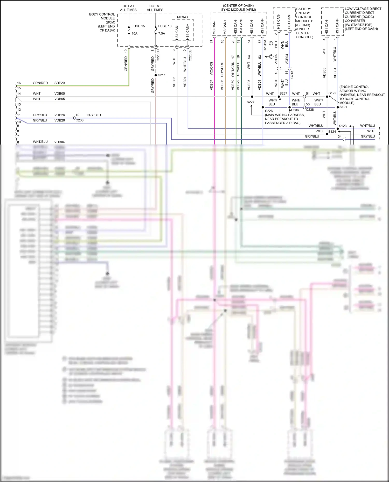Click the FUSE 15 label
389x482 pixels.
coord(138,26)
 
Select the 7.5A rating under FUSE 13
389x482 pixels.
coord(162,33)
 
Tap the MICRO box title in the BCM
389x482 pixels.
coord(182,17)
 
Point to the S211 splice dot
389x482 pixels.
coord(156,75)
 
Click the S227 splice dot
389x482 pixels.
coord(252,97)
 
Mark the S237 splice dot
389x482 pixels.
coord(279,97)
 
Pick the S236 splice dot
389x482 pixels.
coord(289,107)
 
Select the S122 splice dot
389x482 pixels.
coord(327,97)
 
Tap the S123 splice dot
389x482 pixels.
coord(338,128)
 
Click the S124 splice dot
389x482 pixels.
coord(327,134)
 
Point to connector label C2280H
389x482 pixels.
coord(158,55)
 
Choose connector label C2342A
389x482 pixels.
coord(265,45)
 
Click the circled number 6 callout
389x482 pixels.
coord(271,43)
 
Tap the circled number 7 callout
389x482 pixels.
coord(271,56)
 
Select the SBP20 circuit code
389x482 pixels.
coord(59,83)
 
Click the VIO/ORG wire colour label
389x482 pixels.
coord(211,69)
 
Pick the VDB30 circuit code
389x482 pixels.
coord(233,85)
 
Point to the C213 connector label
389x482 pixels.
coord(292,75)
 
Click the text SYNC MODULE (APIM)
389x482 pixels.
coord(238,10)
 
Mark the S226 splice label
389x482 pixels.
coord(269,111)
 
